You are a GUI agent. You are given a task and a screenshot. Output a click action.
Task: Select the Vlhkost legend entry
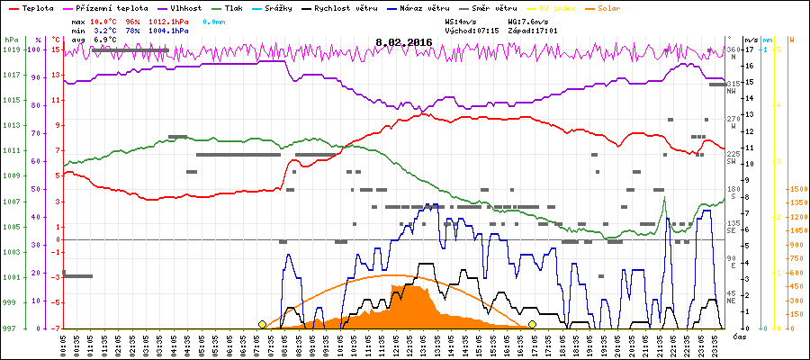(x=166, y=7)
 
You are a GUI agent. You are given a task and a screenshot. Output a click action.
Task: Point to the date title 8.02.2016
(x=404, y=41)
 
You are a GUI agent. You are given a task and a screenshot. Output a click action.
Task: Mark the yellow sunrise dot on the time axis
(x=262, y=324)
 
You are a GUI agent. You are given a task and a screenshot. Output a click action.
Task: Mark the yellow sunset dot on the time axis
(x=533, y=324)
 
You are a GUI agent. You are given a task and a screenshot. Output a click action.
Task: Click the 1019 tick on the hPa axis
(x=10, y=50)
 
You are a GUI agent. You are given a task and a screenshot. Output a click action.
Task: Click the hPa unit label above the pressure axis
(x=10, y=40)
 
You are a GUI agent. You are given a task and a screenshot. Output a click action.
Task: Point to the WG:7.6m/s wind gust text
(x=527, y=20)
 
